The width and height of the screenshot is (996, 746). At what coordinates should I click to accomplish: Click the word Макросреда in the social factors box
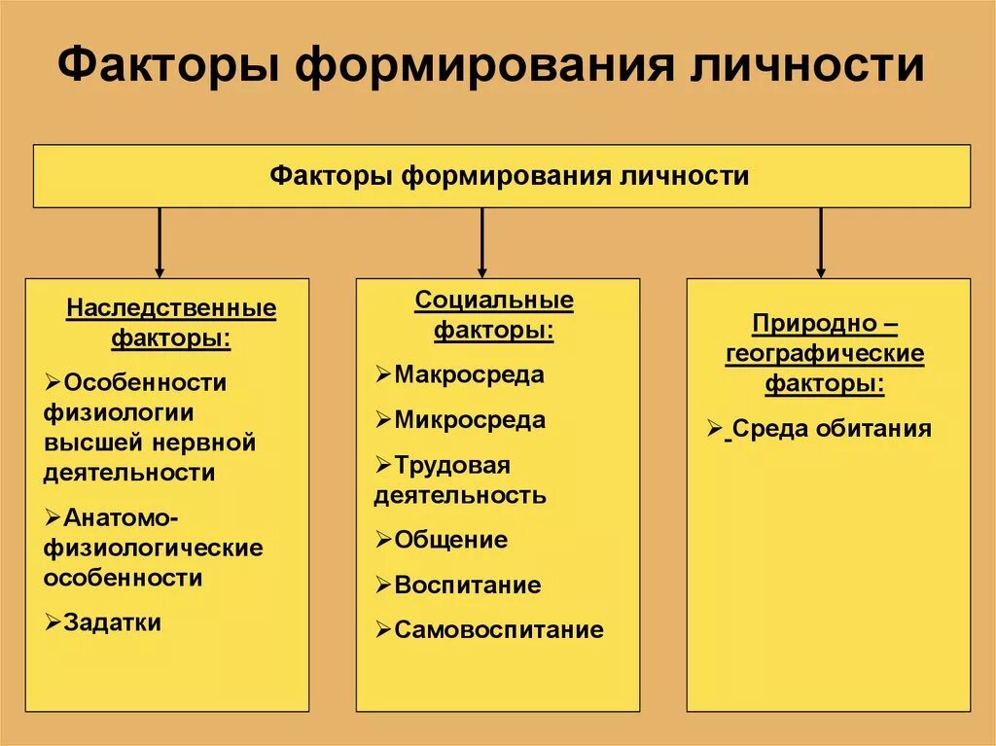[470, 375]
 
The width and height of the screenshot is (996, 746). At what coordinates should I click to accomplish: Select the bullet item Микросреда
[470, 421]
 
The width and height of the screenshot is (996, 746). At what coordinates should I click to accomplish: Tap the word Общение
[450, 540]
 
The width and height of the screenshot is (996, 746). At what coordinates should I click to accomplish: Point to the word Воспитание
[467, 586]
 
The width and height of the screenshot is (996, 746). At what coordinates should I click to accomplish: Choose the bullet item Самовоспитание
[498, 630]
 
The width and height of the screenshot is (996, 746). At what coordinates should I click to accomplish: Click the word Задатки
[112, 622]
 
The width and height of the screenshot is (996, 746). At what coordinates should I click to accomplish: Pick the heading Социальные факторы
[494, 315]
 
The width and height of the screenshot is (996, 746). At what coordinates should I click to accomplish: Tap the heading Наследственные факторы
[171, 324]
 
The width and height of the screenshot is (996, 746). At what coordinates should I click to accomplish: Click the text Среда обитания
[832, 429]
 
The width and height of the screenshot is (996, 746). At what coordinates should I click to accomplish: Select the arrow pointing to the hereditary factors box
[160, 243]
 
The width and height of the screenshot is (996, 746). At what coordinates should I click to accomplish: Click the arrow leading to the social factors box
[481, 243]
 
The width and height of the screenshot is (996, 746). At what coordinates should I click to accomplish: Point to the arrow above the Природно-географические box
[820, 243]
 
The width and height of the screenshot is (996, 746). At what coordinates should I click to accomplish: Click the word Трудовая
[452, 465]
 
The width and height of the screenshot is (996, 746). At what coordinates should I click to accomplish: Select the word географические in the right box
[825, 354]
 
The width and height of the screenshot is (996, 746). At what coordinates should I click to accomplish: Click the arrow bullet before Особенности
[53, 382]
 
